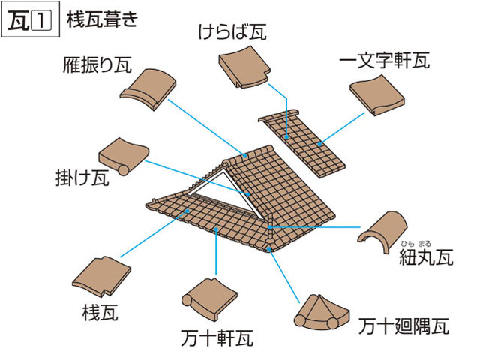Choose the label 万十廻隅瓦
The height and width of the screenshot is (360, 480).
pos(403,326)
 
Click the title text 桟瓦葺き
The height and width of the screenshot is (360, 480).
pos(101,19)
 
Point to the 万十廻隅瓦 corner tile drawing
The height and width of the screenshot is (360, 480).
pos(323,311)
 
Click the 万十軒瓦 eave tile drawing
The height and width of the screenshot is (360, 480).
pos(207,296)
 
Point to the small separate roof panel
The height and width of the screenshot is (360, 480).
pos(300,143)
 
